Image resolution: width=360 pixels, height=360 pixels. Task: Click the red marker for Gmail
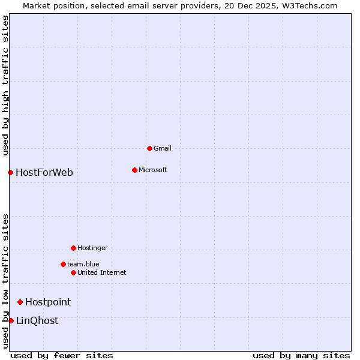149,148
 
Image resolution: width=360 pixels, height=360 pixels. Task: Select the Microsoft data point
134,170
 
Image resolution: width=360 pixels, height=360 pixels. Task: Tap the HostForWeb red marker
10,173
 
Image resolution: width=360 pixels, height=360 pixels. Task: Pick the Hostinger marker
73,248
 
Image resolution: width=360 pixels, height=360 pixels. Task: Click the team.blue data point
63,264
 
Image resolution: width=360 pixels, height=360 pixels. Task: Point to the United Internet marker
73,272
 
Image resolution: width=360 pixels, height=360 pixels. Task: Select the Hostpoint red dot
20,302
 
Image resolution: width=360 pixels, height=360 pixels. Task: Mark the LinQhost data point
11,320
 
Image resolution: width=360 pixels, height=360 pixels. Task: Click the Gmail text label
163,148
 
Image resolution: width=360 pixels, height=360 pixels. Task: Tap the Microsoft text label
152,170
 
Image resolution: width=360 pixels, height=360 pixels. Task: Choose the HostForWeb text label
44,173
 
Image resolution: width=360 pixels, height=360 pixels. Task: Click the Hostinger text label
92,248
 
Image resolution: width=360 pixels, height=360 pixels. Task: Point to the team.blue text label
83,264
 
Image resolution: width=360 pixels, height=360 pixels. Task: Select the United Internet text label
101,272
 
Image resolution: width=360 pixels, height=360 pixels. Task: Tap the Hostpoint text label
48,302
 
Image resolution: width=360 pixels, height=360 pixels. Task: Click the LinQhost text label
37,321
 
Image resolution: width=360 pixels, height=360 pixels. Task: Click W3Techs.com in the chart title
310,6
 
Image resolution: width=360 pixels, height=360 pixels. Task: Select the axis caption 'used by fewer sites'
62,355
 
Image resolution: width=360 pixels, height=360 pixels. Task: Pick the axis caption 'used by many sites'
301,355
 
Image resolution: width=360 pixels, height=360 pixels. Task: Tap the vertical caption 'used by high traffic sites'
6,86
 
